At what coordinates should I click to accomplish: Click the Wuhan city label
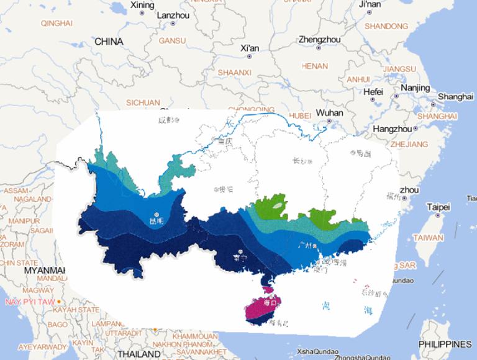[329, 113]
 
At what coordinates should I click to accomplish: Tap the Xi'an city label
[250, 48]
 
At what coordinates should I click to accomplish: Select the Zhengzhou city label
[319, 39]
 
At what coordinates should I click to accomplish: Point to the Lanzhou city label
[174, 15]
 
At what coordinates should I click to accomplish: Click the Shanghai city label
[455, 97]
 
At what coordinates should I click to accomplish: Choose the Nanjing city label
[415, 88]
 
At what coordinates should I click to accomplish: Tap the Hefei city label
[373, 91]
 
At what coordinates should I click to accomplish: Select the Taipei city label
[438, 207]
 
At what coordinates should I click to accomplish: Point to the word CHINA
[109, 42]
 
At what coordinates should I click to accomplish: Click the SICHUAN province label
[143, 102]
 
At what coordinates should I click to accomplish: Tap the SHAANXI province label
[234, 73]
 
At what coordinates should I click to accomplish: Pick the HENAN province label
[314, 66]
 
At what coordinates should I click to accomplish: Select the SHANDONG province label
[386, 26]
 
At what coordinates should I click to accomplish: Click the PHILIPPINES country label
[445, 344]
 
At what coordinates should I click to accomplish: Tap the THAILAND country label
[139, 354]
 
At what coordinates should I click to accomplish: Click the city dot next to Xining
[142, 13]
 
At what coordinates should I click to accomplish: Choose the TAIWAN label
[429, 238]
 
